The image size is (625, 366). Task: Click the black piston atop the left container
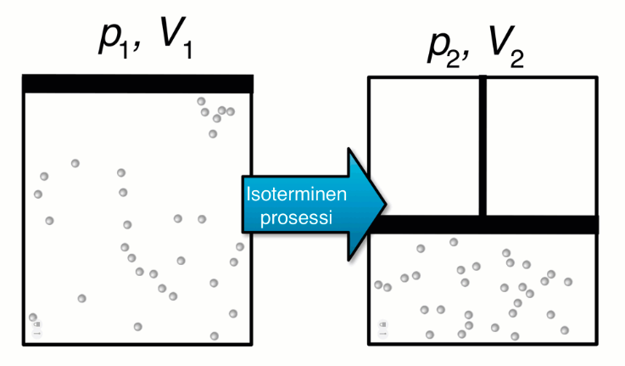point(138,83)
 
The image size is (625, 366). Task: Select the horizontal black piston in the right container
point(484,225)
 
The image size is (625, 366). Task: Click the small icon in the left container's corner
point(36,327)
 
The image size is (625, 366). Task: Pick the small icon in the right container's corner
point(382,327)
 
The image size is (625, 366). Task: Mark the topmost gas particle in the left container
point(202,101)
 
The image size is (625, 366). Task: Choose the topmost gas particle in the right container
point(454,242)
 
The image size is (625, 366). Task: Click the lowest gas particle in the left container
point(214,336)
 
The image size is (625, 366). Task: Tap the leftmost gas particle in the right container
point(378,285)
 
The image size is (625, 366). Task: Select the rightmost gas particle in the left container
point(241,247)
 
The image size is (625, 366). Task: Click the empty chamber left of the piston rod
point(424,146)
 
